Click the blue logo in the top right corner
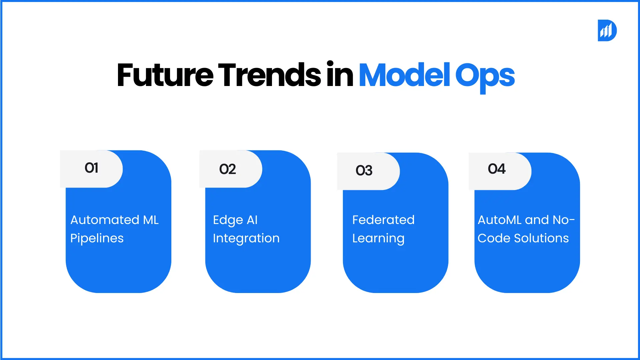(x=607, y=30)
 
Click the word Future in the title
(x=165, y=75)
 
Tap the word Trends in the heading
(x=269, y=75)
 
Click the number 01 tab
(x=91, y=168)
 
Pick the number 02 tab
(x=228, y=169)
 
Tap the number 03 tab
(x=364, y=171)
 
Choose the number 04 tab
(x=497, y=169)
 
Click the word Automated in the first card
(x=105, y=220)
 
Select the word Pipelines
(x=97, y=239)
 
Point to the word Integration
(x=246, y=239)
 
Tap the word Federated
(x=383, y=220)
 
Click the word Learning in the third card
(x=378, y=239)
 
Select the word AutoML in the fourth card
(x=499, y=220)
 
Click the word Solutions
(x=541, y=238)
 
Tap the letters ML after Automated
(x=151, y=220)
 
